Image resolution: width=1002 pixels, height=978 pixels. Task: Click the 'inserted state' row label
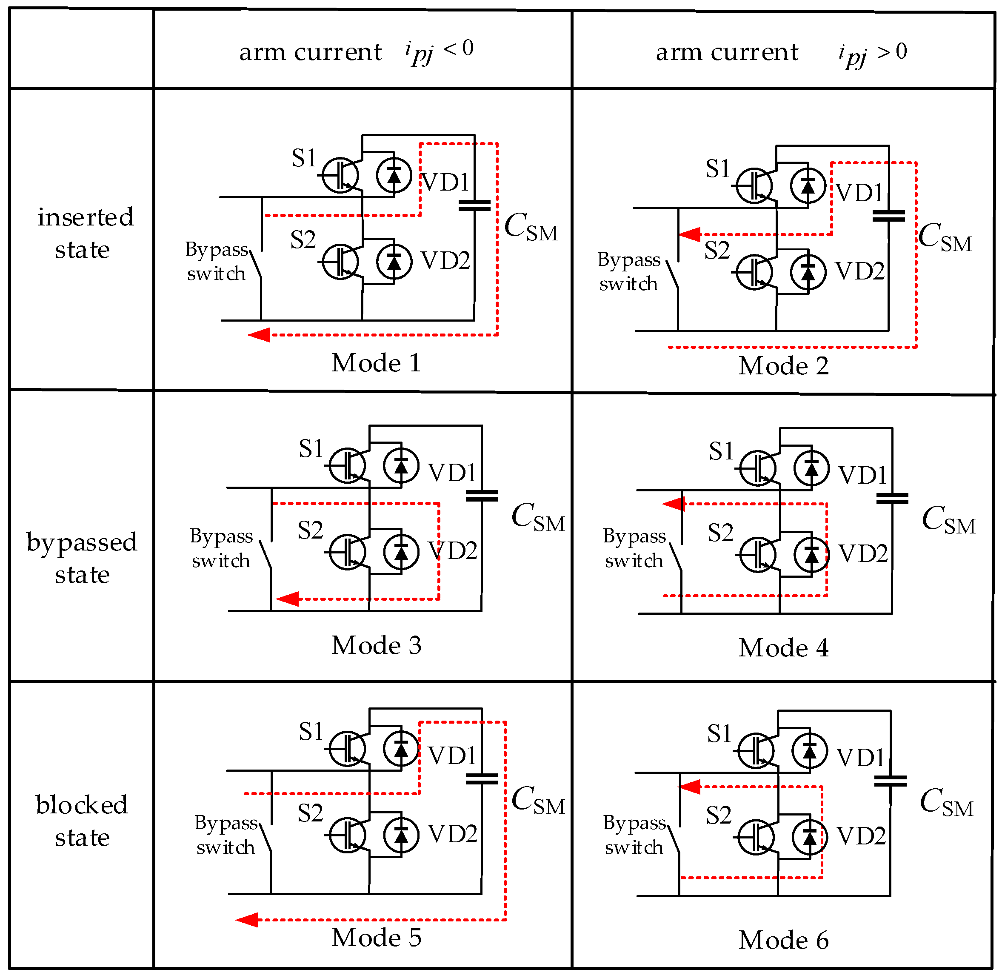pyautogui.click(x=84, y=234)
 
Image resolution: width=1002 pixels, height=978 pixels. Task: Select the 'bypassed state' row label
pyautogui.click(x=82, y=559)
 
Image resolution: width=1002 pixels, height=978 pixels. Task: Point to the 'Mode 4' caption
pyautogui.click(x=783, y=648)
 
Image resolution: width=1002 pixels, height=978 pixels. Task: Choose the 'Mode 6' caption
pyautogui.click(x=783, y=940)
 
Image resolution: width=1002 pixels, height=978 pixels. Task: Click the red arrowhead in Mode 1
pyautogui.click(x=260, y=335)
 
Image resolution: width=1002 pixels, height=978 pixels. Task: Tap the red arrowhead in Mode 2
pyautogui.click(x=690, y=234)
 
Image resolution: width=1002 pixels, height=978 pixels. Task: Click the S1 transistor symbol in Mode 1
pyautogui.click(x=340, y=175)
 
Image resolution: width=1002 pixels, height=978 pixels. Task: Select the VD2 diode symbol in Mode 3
pyautogui.click(x=401, y=552)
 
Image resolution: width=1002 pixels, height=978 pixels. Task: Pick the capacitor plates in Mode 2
pyautogui.click(x=888, y=216)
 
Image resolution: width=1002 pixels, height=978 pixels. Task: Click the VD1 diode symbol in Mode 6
pyautogui.click(x=809, y=750)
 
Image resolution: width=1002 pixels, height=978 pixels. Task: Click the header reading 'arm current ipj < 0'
pyautogui.click(x=357, y=51)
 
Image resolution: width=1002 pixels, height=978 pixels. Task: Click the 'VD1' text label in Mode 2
pyautogui.click(x=859, y=193)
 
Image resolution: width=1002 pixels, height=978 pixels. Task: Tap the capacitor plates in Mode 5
pyautogui.click(x=482, y=779)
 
